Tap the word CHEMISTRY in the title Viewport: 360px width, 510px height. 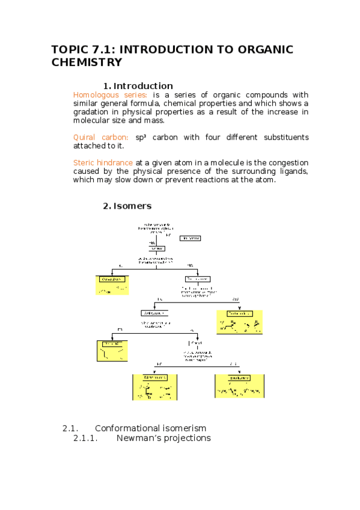pos(87,62)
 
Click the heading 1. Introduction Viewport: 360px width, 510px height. pos(138,85)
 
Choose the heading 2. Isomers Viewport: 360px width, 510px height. pos(127,206)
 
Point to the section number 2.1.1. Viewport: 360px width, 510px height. pos(85,438)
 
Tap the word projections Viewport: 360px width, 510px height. pos(188,438)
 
